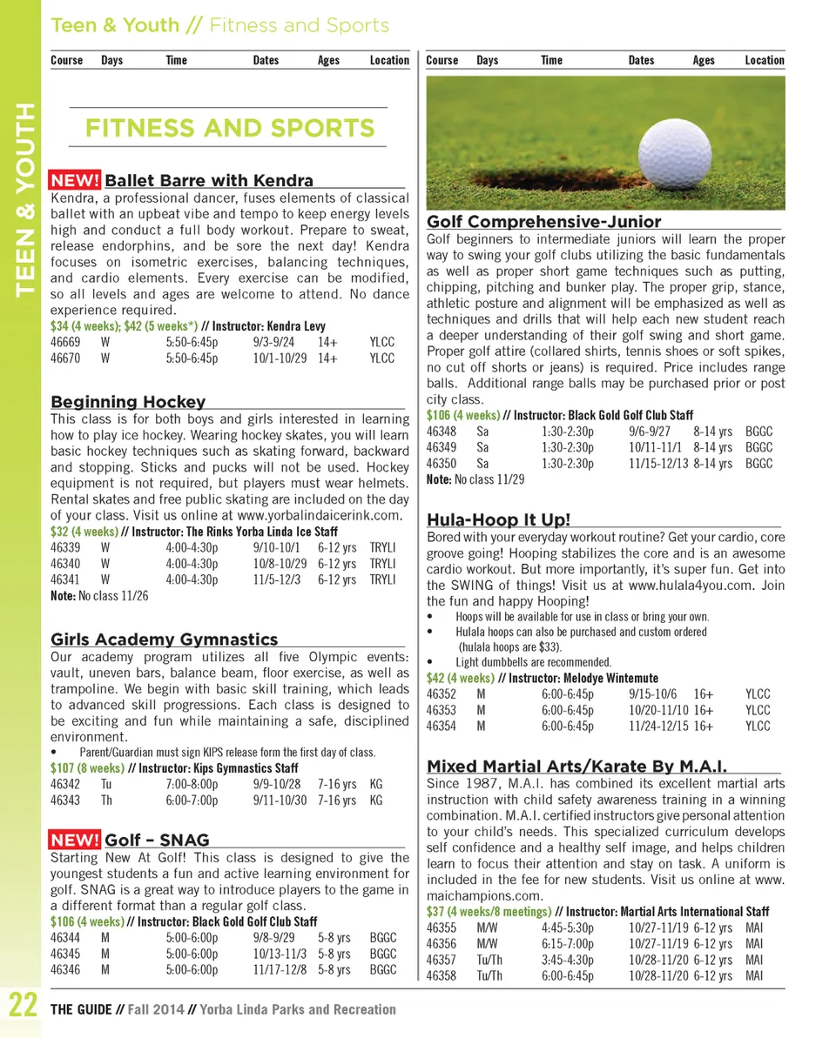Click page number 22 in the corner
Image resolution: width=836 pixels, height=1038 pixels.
tap(22, 1008)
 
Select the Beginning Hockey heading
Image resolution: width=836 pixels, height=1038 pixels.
tap(128, 401)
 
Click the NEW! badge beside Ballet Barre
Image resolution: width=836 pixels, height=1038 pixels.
tap(75, 181)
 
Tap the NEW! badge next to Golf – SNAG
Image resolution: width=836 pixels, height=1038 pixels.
tap(75, 840)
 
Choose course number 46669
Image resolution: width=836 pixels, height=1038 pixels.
tap(66, 342)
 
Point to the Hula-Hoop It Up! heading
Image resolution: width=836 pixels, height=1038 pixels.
tap(498, 520)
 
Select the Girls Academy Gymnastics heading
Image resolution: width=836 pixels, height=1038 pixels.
tap(165, 640)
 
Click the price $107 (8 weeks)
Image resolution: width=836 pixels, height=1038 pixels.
tap(87, 768)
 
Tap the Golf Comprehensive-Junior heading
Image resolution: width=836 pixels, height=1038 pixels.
tap(543, 222)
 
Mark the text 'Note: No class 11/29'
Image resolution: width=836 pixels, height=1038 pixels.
tap(475, 479)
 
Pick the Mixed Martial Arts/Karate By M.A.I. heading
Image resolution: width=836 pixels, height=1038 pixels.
tap(576, 767)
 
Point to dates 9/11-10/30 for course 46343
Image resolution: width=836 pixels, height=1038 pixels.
tap(280, 800)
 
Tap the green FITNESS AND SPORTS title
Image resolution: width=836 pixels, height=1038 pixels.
tap(229, 129)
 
